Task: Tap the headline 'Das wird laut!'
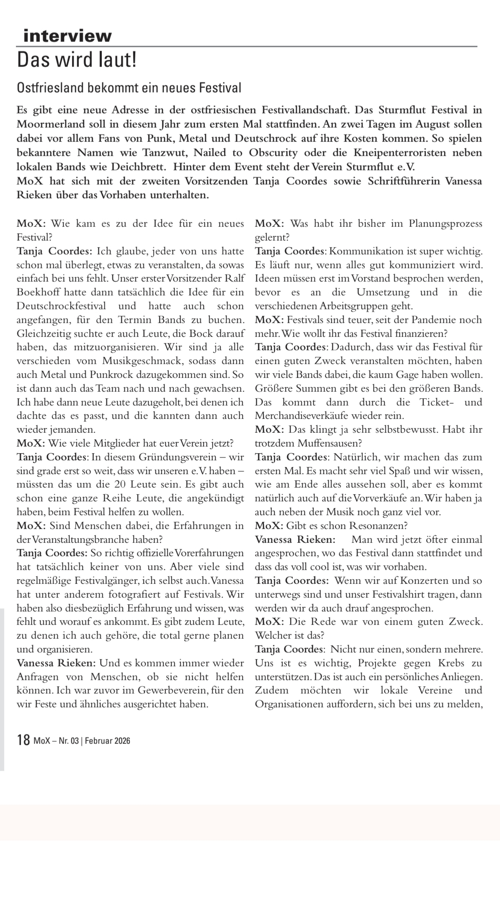77,61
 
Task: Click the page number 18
23,740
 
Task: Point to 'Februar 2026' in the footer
108,741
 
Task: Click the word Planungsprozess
446,223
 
